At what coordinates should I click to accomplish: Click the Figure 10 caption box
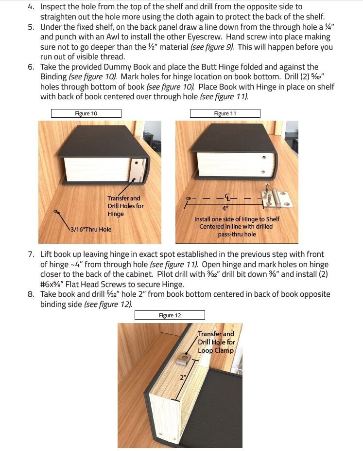[86, 113]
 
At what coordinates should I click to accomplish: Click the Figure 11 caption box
[225, 113]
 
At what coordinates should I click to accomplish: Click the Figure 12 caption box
[170, 315]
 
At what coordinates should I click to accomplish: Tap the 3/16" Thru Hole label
[91, 229]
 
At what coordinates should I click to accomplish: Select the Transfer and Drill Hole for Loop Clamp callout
[215, 342]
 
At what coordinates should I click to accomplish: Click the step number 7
[31, 254]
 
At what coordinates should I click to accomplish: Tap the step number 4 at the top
[31, 7]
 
